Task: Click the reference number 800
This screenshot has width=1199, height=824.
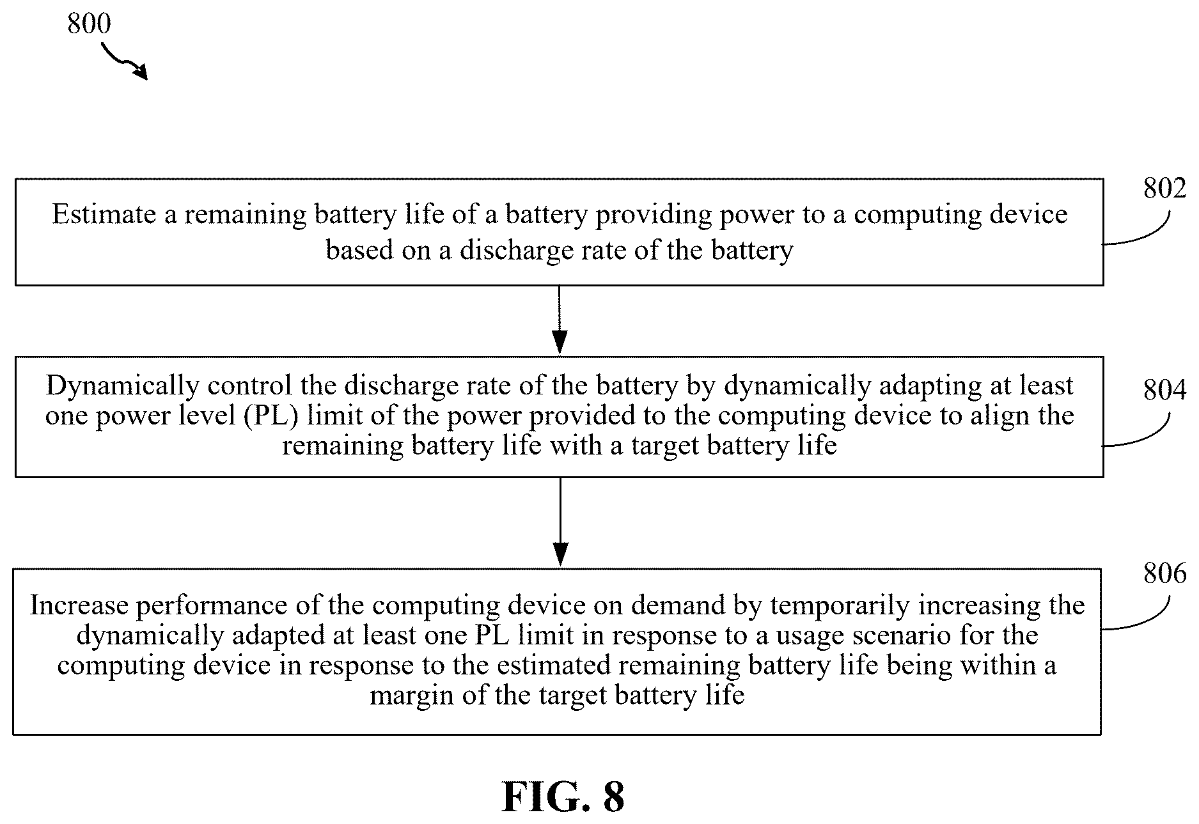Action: pos(89,24)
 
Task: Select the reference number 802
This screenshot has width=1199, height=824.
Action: pos(1164,189)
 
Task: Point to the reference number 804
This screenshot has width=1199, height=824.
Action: pos(1164,389)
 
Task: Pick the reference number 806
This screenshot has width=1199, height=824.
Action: pos(1164,573)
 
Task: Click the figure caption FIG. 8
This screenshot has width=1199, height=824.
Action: pos(563,797)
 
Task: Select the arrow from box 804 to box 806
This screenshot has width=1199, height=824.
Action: pos(560,522)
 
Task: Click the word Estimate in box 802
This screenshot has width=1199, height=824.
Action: pos(104,214)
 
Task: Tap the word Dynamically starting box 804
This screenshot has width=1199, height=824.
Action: pos(123,387)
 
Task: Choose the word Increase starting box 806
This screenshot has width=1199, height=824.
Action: pos(77,605)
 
